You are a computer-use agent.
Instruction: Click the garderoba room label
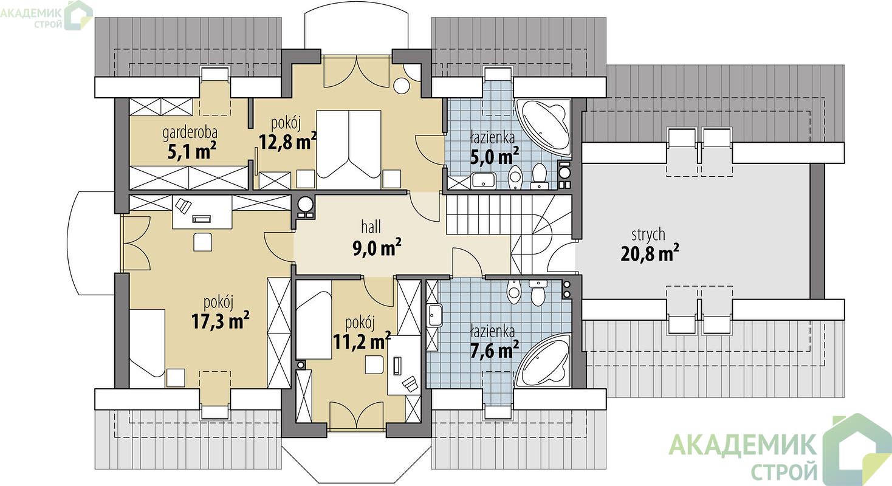(190, 133)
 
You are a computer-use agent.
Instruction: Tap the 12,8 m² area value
(288, 141)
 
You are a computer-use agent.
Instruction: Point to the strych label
(648, 235)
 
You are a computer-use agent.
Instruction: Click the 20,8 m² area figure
(650, 253)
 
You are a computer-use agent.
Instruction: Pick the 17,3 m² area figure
(221, 321)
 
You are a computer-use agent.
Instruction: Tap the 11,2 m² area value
(362, 341)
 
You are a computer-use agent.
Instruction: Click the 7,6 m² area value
(495, 351)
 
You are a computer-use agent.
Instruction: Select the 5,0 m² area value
(495, 156)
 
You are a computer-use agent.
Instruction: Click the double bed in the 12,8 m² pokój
(349, 144)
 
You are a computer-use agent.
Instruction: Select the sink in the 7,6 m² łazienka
(434, 316)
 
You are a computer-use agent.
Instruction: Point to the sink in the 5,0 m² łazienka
(483, 180)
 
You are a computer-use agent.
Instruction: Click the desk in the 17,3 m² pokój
(202, 212)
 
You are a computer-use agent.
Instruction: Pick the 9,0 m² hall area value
(377, 248)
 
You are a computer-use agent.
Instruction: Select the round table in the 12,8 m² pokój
(402, 86)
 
